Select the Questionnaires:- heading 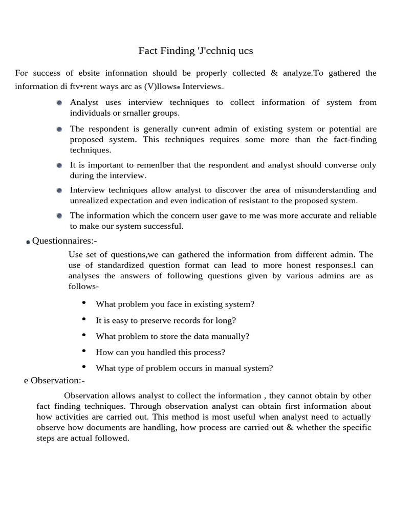coord(64,241)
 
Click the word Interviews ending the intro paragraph coord(202,86)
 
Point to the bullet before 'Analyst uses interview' coord(59,103)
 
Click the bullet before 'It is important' coord(59,165)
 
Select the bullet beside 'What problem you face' coord(84,303)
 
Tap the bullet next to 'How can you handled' coord(84,351)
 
